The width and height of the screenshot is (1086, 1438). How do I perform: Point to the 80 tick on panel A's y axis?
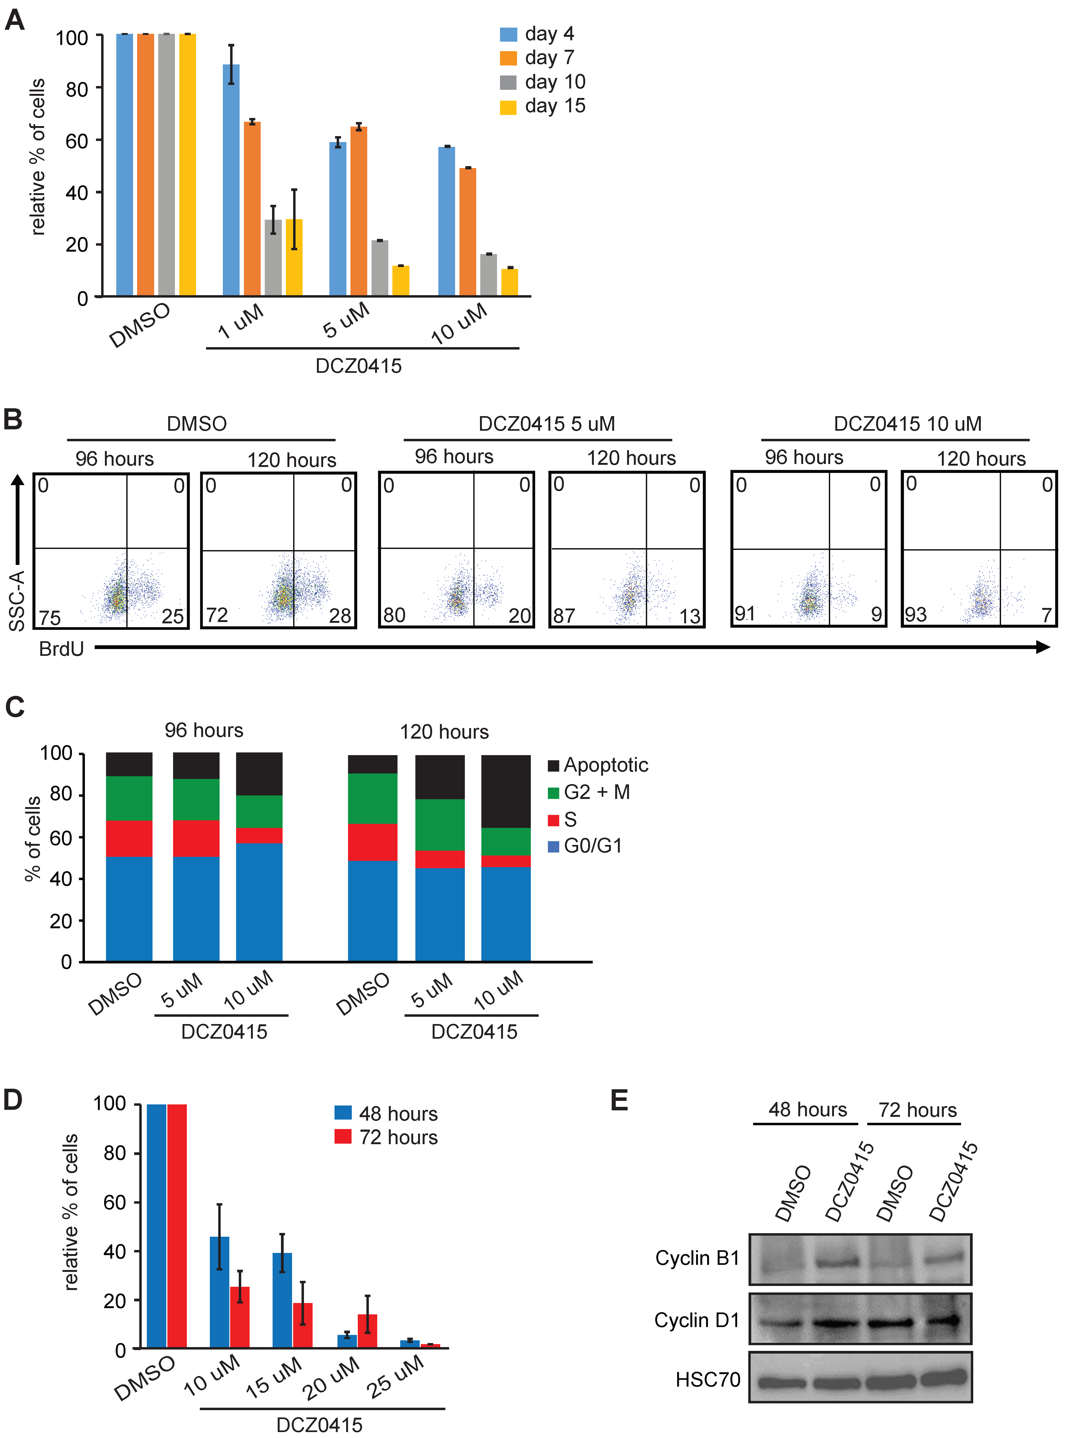click(77, 89)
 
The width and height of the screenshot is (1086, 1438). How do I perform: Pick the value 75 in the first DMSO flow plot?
click(49, 616)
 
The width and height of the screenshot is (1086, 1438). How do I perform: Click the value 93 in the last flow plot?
click(916, 614)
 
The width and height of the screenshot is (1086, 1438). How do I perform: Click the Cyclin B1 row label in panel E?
click(697, 1258)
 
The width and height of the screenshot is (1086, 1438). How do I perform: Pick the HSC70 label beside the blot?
click(708, 1380)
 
